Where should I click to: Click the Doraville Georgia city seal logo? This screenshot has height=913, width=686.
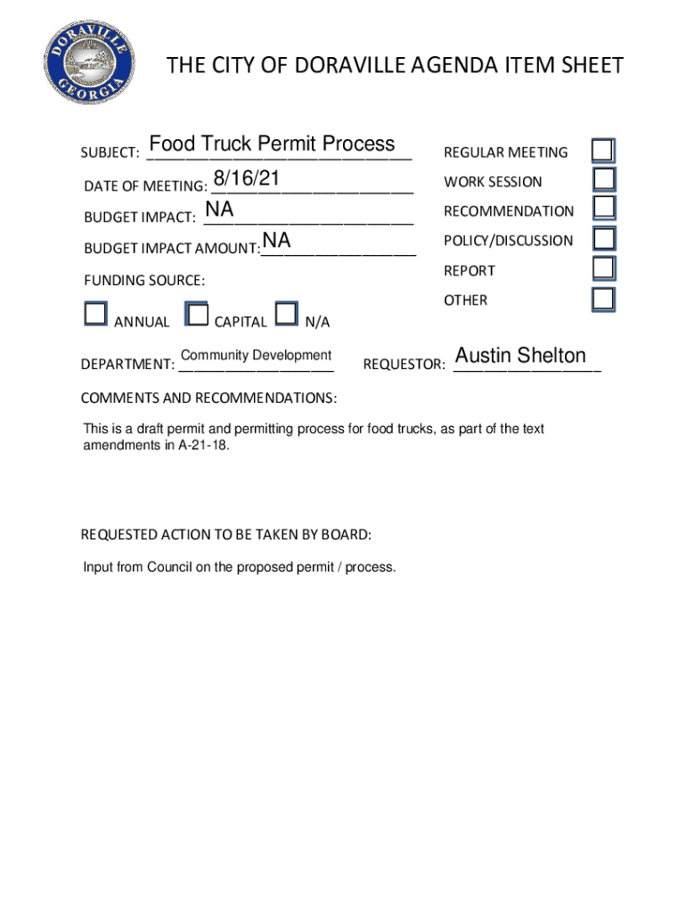pyautogui.click(x=90, y=65)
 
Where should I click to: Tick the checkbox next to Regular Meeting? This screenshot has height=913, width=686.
pyautogui.click(x=604, y=151)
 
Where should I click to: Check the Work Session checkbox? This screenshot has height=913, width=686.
pyautogui.click(x=604, y=180)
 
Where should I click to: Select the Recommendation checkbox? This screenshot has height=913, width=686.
pyautogui.click(x=604, y=209)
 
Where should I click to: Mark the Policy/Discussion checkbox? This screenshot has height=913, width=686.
pyautogui.click(x=604, y=238)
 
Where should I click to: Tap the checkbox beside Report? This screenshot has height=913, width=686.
pyautogui.click(x=604, y=268)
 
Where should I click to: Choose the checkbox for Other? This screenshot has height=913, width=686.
pyautogui.click(x=604, y=299)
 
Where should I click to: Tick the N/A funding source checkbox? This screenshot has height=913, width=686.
pyautogui.click(x=286, y=313)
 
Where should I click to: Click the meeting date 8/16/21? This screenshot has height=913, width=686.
pyautogui.click(x=247, y=179)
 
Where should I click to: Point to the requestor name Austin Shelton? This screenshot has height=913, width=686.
pyautogui.click(x=520, y=356)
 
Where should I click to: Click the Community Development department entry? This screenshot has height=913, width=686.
pyautogui.click(x=256, y=355)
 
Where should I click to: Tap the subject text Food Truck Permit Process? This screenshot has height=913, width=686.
pyautogui.click(x=272, y=144)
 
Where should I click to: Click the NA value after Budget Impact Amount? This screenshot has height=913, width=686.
pyautogui.click(x=276, y=241)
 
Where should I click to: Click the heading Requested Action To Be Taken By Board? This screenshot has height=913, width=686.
pyautogui.click(x=226, y=535)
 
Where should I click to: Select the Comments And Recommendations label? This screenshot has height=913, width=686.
pyautogui.click(x=208, y=397)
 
